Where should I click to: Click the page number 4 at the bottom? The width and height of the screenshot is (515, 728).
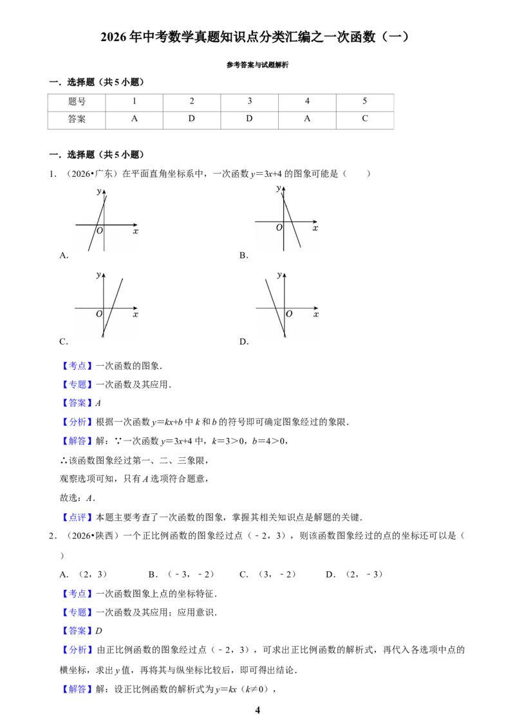257,710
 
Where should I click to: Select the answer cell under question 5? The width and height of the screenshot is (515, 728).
365,120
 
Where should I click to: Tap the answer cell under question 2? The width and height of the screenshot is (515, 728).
191,120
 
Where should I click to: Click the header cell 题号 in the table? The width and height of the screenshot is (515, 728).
77,102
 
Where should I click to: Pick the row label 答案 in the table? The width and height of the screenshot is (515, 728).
77,120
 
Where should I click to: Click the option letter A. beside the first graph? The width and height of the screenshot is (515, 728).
64,255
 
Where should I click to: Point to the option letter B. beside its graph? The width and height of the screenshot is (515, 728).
244,255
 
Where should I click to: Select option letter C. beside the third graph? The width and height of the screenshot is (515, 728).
64,341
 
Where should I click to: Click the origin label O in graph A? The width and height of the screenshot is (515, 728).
99,231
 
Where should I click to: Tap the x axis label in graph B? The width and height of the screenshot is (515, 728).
315,228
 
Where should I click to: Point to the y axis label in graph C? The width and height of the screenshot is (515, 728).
98,275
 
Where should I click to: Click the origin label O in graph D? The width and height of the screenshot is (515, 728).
289,314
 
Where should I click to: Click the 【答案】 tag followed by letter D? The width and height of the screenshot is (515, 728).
77,631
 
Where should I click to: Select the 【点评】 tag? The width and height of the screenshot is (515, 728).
77,517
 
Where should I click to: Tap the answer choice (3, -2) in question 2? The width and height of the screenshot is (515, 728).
277,575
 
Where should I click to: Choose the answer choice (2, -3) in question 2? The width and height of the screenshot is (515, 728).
364,575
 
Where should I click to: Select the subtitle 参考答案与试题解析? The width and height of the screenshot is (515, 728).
257,65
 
